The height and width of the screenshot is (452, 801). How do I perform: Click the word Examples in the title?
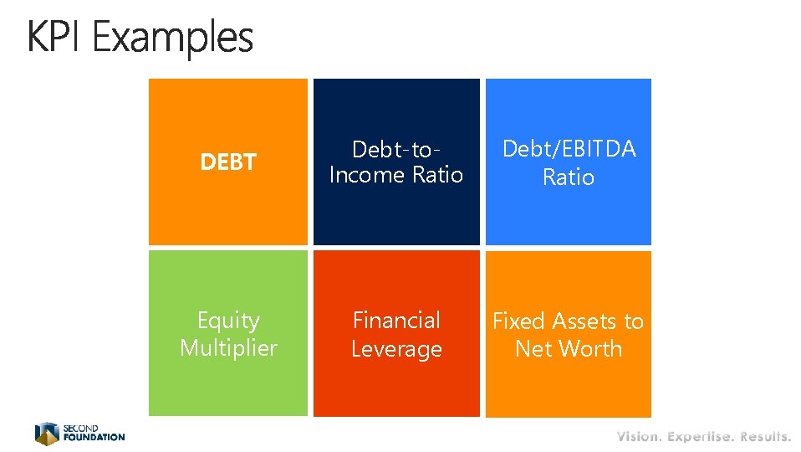click(x=173, y=39)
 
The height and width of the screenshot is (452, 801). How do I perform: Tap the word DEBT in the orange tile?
click(x=228, y=162)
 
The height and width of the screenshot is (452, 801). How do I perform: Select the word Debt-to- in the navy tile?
click(x=396, y=150)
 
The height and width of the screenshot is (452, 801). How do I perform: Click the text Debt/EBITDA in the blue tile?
click(x=569, y=149)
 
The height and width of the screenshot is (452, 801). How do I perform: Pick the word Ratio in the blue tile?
click(x=569, y=177)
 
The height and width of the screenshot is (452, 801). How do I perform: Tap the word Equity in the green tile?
click(x=228, y=321)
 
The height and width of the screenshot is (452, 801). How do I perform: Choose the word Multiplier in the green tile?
click(x=228, y=347)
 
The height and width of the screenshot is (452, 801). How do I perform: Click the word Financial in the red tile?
click(x=396, y=321)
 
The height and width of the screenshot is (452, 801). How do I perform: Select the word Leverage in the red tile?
click(x=396, y=348)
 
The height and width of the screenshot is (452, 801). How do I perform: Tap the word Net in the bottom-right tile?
click(x=533, y=348)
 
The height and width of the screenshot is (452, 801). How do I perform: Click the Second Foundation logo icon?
click(x=47, y=434)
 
